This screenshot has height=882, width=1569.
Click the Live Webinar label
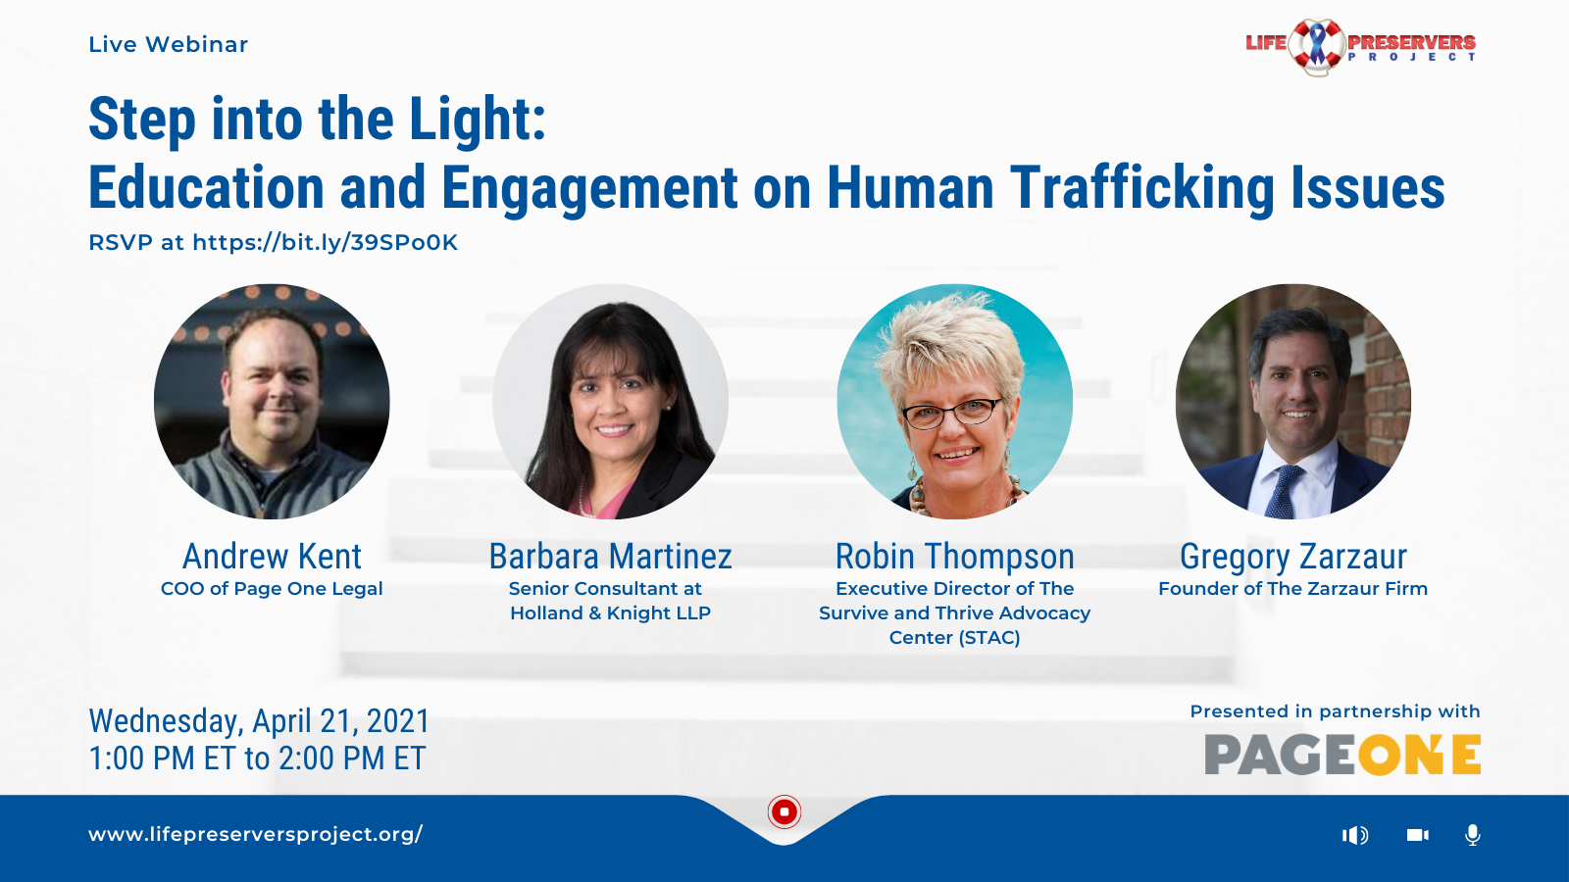click(168, 45)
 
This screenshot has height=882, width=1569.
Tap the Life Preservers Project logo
click(1360, 46)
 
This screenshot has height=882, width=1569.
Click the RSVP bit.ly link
click(325, 242)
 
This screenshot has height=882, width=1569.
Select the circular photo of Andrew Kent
click(272, 401)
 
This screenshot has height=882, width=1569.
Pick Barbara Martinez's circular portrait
click(610, 401)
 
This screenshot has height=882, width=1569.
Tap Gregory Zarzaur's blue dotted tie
click(1284, 491)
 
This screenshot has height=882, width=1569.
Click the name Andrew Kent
click(272, 557)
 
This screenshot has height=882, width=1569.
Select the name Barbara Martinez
click(610, 557)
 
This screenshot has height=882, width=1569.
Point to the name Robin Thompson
click(955, 558)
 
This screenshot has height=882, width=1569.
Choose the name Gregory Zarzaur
click(1293, 558)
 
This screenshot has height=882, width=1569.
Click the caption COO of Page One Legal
click(272, 589)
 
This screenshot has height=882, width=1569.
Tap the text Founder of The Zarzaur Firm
click(1293, 589)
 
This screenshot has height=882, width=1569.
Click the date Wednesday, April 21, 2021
click(259, 721)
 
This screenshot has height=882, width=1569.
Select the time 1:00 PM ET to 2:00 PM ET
click(257, 759)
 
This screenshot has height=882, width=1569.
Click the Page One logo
click(1342, 755)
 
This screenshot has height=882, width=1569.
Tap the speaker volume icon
click(1355, 835)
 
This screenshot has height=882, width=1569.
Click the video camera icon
click(1418, 835)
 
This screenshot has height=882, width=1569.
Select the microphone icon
click(1473, 835)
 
